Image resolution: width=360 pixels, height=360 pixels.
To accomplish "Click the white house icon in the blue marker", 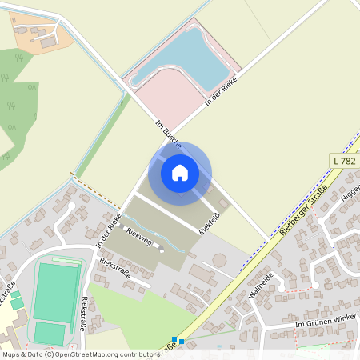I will tap(180, 172).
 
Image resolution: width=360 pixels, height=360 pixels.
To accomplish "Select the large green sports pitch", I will tap(56, 291).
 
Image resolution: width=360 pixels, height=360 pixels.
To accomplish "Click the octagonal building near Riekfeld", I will tap(219, 261).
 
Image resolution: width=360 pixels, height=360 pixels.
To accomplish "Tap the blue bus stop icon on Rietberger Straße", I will tap(178, 341).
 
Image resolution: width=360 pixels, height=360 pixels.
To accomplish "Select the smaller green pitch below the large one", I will tap(50, 332).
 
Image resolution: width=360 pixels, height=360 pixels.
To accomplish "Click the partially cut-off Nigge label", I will tap(350, 193).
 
